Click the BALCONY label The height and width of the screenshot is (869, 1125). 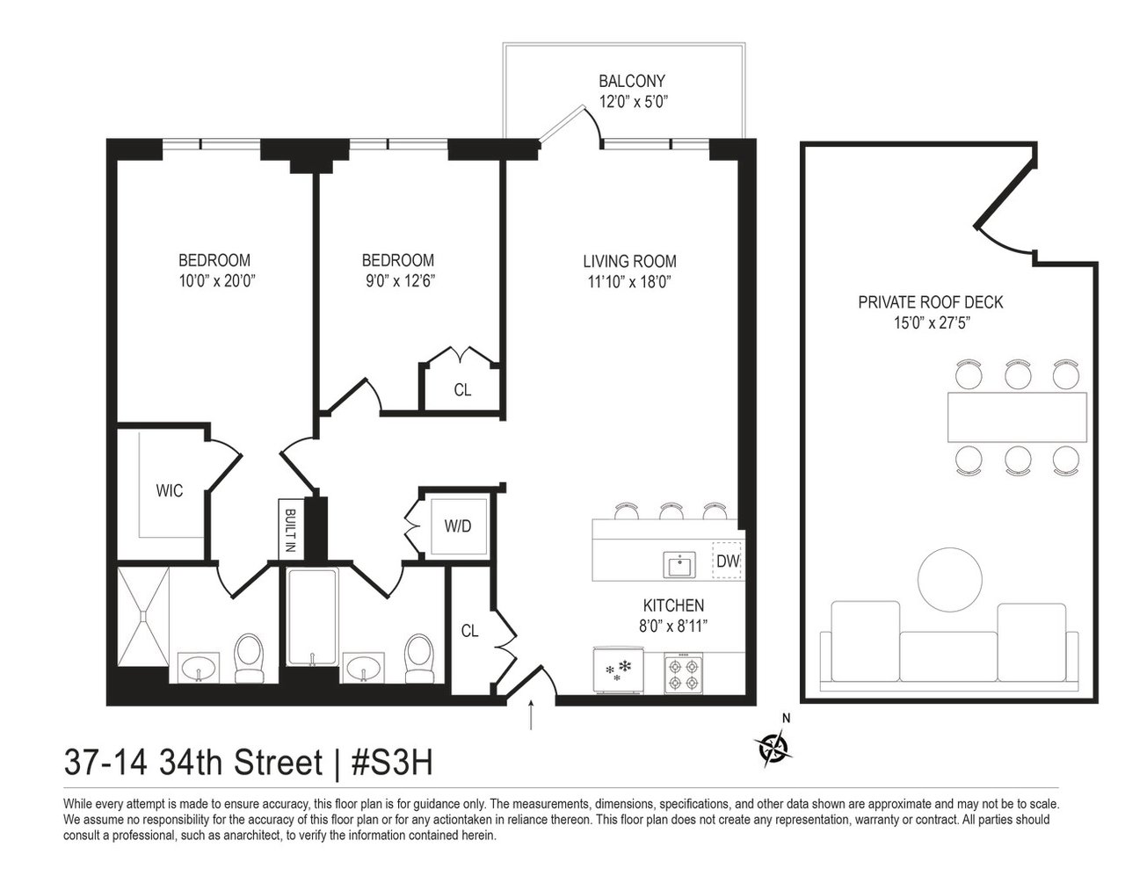[632, 81]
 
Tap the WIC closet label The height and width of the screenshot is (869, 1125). [170, 490]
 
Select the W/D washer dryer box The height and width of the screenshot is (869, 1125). [458, 526]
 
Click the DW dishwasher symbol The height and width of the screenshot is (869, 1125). [727, 561]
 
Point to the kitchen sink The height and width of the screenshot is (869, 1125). [679, 565]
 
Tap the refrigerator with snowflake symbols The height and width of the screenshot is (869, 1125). [619, 670]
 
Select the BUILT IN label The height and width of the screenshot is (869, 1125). [290, 531]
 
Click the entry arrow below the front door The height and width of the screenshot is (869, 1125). [531, 714]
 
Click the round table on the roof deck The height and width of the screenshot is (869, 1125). [950, 579]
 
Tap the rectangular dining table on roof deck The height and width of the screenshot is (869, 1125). [1017, 417]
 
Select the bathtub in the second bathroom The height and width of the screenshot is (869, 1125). [312, 617]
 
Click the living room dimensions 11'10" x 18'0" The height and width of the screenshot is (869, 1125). [629, 282]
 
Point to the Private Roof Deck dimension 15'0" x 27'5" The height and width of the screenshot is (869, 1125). [932, 323]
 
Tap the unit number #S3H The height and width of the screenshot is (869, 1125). [391, 763]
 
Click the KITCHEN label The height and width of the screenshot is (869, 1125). [673, 605]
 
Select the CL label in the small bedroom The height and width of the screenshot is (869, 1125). [462, 390]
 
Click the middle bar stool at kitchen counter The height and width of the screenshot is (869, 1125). [671, 511]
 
